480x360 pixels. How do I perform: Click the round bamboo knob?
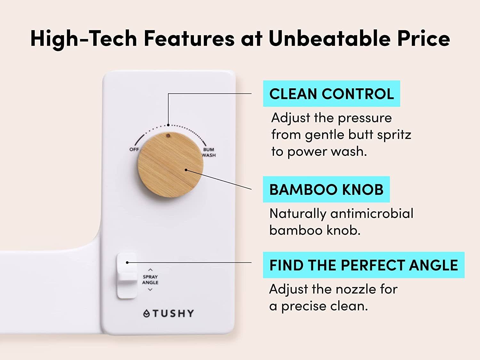[171, 165]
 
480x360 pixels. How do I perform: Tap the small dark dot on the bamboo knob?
[168, 136]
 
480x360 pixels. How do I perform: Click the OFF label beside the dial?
[134, 149]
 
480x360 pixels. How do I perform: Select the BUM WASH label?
[209, 152]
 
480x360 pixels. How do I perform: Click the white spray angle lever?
[127, 276]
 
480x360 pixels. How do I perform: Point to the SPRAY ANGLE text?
[150, 280]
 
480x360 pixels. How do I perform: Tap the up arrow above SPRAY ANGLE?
[150, 270]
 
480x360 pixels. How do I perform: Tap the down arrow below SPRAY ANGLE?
[150, 290]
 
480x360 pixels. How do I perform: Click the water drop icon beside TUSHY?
[146, 314]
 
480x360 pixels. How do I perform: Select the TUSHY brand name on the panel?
[173, 314]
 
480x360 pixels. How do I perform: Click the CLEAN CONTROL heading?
[332, 94]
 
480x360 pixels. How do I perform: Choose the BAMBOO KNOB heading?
[326, 189]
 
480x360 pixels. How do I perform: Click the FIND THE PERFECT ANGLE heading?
[364, 265]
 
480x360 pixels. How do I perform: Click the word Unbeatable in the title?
[330, 39]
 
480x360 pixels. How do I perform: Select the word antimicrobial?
[372, 213]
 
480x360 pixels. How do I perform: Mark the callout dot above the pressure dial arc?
[168, 125]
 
